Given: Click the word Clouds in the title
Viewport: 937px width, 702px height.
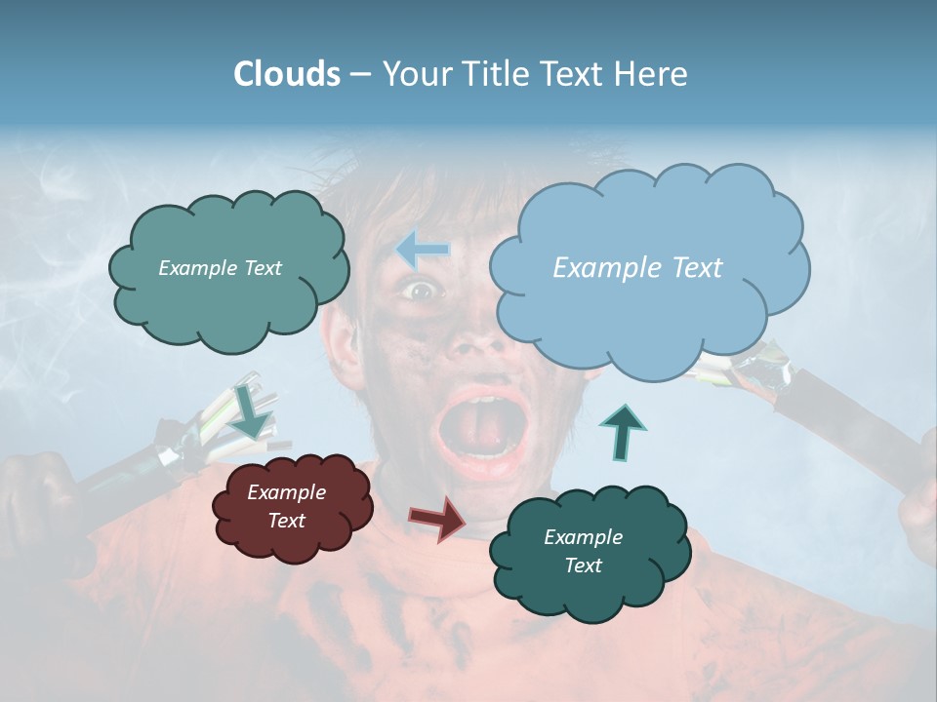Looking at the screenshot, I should [x=286, y=74].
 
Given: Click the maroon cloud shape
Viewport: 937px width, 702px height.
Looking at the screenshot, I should [x=292, y=506].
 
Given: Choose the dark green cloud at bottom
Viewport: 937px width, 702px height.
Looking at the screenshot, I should [x=589, y=551].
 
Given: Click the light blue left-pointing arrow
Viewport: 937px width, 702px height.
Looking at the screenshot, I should [x=423, y=251].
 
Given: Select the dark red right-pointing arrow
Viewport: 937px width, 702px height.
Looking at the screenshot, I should [x=437, y=518].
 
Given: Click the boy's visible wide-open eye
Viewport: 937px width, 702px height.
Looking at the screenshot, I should [x=420, y=290].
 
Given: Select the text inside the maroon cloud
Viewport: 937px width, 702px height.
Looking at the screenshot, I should [x=287, y=507].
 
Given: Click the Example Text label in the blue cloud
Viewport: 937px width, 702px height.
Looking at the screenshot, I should [x=637, y=268].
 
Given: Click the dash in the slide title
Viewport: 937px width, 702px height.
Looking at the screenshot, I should [x=360, y=75].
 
